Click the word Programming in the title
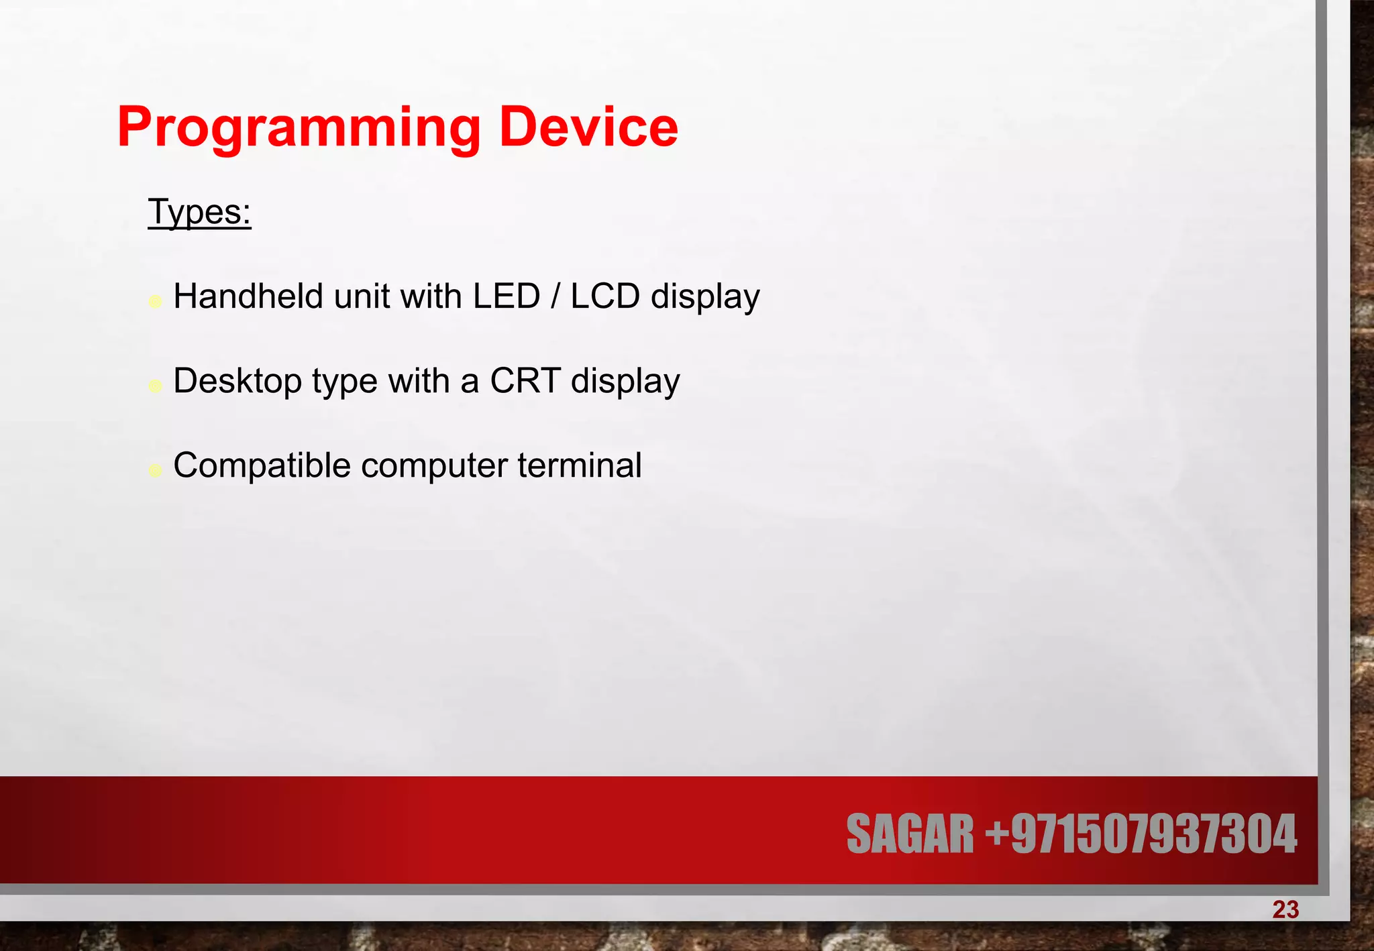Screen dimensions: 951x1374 [x=299, y=128]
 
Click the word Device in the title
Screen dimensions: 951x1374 [x=588, y=127]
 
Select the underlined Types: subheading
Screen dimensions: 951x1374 [x=199, y=212]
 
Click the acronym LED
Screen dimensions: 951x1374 [x=507, y=296]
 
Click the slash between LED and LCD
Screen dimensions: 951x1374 [x=556, y=296]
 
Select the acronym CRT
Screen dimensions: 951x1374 [x=525, y=381]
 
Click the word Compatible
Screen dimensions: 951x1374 [x=262, y=465]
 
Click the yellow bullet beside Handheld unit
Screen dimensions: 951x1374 [x=155, y=301]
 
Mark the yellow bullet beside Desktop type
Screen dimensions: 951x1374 [x=155, y=386]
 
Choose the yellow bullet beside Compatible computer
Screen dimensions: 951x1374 [x=155, y=470]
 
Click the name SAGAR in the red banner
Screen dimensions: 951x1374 [x=910, y=834]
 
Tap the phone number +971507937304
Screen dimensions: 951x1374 [x=1141, y=834]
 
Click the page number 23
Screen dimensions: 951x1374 [x=1285, y=910]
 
